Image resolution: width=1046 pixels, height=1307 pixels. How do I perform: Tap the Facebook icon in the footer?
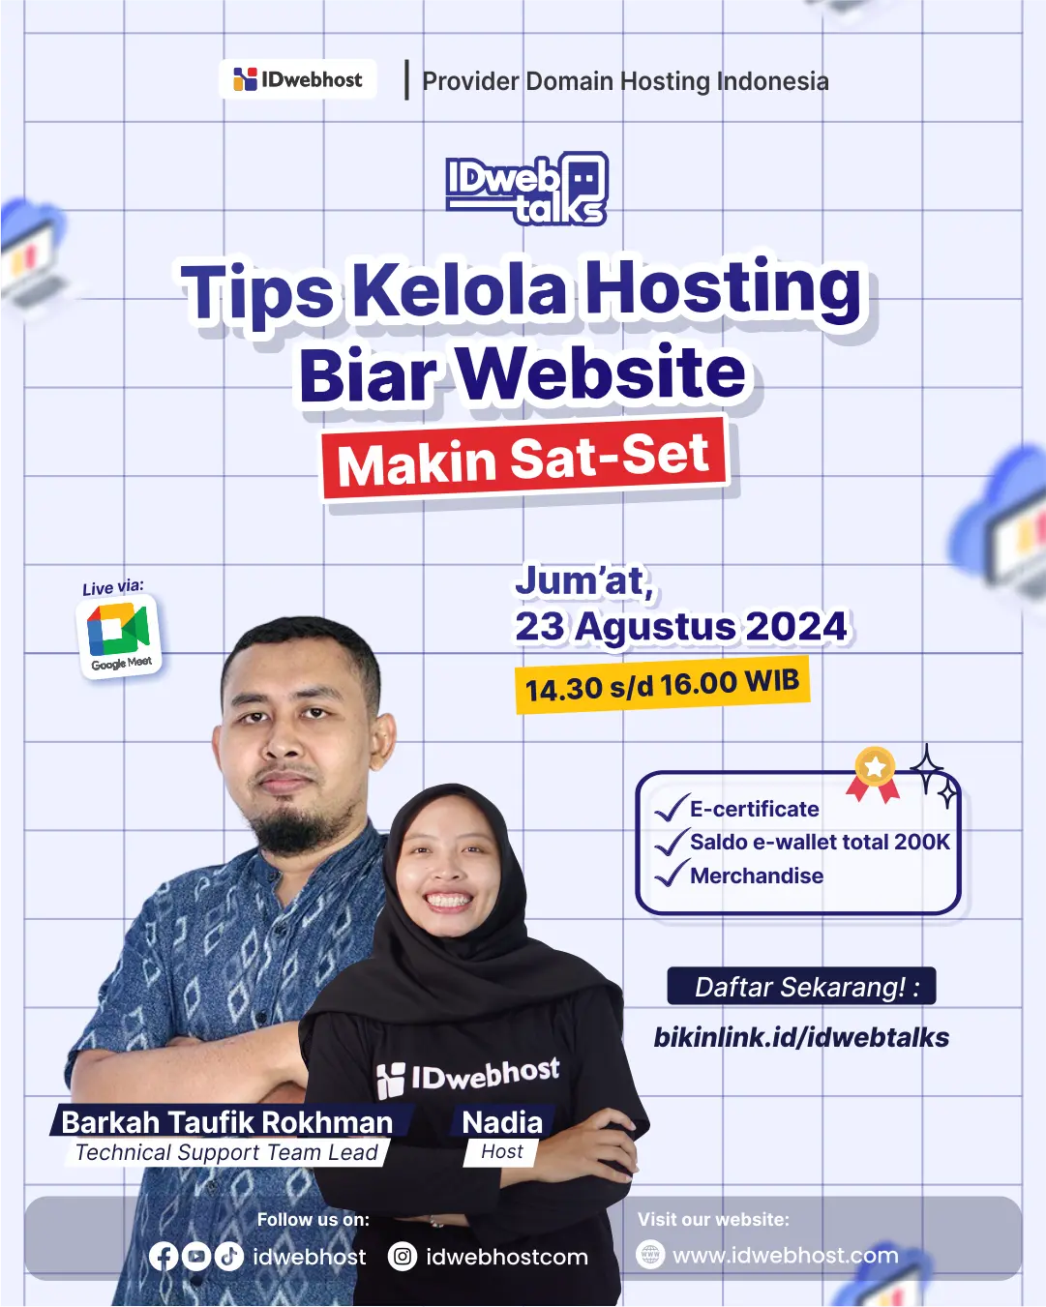click(x=164, y=1256)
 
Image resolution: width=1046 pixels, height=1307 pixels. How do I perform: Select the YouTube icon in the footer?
click(x=196, y=1256)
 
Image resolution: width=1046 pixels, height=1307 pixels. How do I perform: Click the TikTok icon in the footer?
click(x=228, y=1256)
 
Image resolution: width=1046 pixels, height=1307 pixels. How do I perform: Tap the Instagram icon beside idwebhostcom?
click(x=403, y=1256)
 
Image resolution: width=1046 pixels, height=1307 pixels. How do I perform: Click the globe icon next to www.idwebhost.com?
click(x=650, y=1255)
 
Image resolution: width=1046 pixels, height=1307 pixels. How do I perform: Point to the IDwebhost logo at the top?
click(x=298, y=80)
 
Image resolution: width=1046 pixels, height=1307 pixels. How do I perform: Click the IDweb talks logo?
click(x=526, y=189)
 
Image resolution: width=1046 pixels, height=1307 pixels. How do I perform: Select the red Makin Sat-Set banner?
click(x=523, y=459)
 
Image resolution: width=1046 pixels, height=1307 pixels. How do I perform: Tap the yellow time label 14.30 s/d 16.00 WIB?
click(x=662, y=686)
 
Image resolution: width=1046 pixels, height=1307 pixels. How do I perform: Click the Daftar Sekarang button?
click(x=801, y=987)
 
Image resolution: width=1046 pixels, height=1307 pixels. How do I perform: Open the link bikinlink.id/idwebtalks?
click(x=801, y=1037)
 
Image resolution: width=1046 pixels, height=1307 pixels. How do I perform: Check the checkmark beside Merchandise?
click(x=670, y=875)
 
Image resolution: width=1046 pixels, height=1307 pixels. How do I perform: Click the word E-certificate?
click(x=755, y=809)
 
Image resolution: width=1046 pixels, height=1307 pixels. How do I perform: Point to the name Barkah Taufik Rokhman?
click(x=227, y=1121)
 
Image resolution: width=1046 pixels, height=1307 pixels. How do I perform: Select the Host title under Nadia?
click(x=501, y=1151)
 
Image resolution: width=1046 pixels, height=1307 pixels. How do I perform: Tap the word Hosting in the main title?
click(x=724, y=288)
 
